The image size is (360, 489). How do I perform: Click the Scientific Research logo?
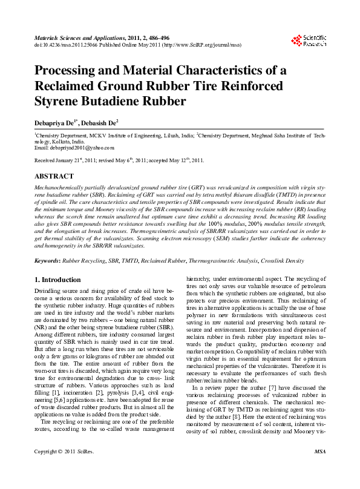pos(309,41)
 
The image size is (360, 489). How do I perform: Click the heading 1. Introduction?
pos(57,280)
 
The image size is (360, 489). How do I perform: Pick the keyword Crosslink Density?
pos(283,261)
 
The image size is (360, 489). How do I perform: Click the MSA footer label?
pos(321,468)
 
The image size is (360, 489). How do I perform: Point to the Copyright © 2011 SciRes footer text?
pos(64,468)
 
